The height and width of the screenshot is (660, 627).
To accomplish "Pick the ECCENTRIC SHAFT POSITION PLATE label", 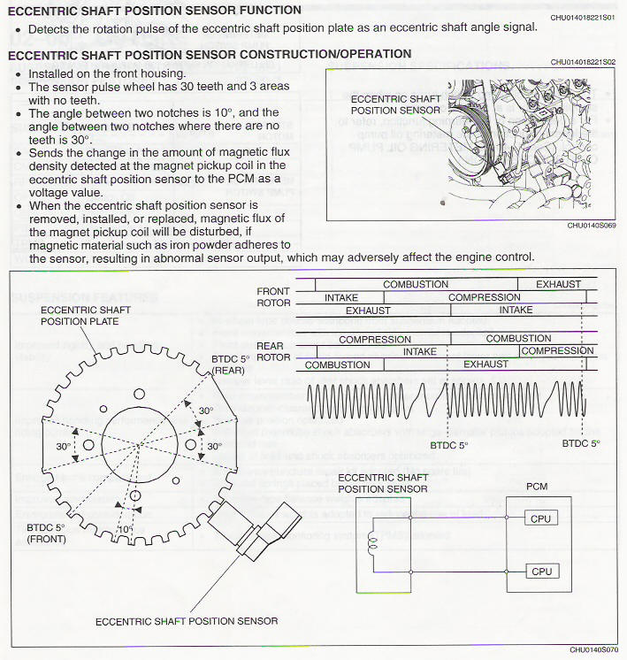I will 80,316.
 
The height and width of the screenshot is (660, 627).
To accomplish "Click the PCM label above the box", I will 536,487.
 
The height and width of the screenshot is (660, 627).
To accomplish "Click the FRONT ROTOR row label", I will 273,297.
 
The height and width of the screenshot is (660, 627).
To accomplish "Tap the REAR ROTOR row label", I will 273,351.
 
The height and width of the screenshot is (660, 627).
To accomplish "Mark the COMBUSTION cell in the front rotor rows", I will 416,285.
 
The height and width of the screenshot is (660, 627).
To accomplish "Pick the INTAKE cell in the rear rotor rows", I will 419,351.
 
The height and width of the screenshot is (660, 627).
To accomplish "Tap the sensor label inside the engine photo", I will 395,104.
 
